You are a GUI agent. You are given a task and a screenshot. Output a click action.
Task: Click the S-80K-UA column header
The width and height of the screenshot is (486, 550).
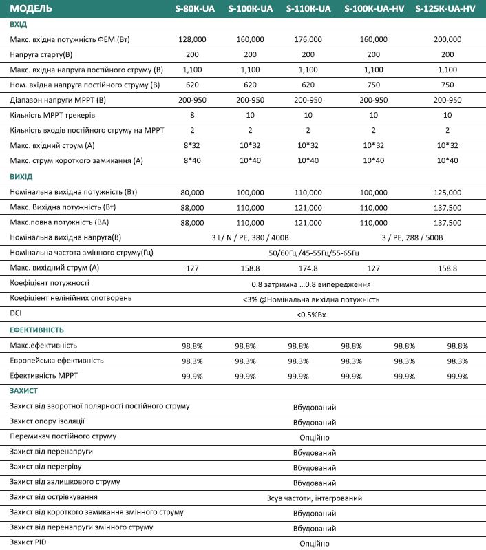click(193, 9)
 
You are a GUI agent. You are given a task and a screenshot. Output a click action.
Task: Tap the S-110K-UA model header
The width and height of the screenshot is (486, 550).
click(308, 9)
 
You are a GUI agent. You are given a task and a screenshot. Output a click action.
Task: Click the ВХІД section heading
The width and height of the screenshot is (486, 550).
click(19, 24)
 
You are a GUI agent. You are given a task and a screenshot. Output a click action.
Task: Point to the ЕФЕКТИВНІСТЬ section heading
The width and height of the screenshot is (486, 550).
click(37, 330)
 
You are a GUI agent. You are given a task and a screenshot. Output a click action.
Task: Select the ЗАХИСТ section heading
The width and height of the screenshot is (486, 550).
click(24, 390)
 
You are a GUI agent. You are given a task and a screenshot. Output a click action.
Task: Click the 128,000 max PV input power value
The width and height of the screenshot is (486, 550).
click(193, 39)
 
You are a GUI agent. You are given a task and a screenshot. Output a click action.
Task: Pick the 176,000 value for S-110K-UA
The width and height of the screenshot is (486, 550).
click(308, 39)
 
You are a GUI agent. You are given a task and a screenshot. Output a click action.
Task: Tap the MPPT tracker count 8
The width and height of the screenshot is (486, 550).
click(193, 115)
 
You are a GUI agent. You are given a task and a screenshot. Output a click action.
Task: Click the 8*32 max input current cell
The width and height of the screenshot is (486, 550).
click(193, 145)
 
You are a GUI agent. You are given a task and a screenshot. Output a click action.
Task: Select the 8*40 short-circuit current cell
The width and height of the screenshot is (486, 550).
click(193, 160)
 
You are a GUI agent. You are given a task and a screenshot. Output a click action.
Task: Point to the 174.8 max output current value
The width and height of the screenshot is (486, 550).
click(308, 268)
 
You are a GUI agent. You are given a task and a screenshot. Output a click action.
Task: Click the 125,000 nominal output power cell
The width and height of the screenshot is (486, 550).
click(447, 192)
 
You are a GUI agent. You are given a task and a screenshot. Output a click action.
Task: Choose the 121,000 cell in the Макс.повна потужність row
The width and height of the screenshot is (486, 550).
click(308, 222)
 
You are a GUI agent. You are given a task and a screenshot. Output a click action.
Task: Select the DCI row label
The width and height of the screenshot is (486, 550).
click(16, 313)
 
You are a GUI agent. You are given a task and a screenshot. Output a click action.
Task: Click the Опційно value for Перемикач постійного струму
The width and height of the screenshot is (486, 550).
click(314, 437)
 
